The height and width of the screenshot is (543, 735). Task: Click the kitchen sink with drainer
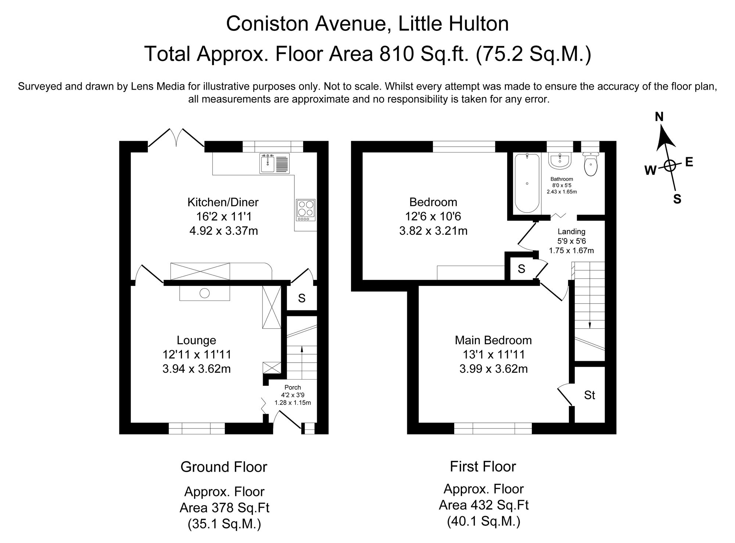(275, 163)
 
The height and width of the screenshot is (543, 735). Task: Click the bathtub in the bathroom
(527, 183)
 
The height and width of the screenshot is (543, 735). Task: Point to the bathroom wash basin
(559, 161)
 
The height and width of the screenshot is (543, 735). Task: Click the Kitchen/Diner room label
(223, 202)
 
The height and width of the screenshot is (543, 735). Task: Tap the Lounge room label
(196, 340)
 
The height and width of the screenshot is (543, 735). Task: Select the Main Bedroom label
(493, 340)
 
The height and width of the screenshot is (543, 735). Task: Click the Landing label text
(571, 231)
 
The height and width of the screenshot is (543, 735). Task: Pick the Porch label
(293, 387)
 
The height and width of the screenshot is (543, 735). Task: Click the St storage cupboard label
(589, 395)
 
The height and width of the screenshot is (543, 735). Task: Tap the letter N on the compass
(659, 117)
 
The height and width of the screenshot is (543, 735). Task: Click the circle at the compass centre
(670, 166)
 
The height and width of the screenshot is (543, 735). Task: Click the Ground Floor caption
(223, 467)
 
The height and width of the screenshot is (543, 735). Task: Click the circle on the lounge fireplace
(204, 293)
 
